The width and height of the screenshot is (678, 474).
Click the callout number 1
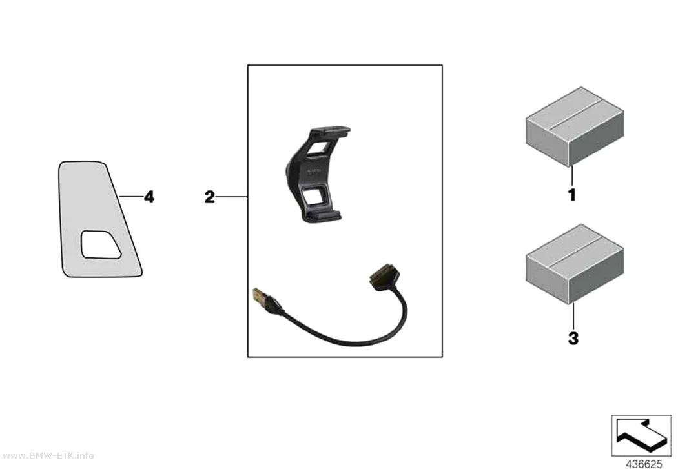pyautogui.click(x=572, y=195)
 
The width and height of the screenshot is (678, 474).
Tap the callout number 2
pyautogui.click(x=210, y=197)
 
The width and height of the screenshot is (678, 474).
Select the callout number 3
pyautogui.click(x=573, y=339)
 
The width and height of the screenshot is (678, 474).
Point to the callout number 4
pyautogui.click(x=149, y=197)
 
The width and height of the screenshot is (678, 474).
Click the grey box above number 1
pyautogui.click(x=574, y=126)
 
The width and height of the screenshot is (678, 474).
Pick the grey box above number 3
pyautogui.click(x=574, y=264)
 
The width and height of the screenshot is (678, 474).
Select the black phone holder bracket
pyautogui.click(x=316, y=174)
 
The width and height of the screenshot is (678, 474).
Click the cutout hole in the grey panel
pyautogui.click(x=101, y=245)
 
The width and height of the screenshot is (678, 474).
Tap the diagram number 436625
pyautogui.click(x=644, y=464)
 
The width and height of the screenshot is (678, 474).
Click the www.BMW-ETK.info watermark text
pyautogui.click(x=48, y=456)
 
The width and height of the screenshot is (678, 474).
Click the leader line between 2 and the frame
pyautogui.click(x=231, y=197)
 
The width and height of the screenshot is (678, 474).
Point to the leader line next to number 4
pyautogui.click(x=131, y=197)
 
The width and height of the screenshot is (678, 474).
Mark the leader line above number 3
pyautogui.click(x=573, y=317)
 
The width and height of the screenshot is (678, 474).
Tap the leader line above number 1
pyautogui.click(x=572, y=177)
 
